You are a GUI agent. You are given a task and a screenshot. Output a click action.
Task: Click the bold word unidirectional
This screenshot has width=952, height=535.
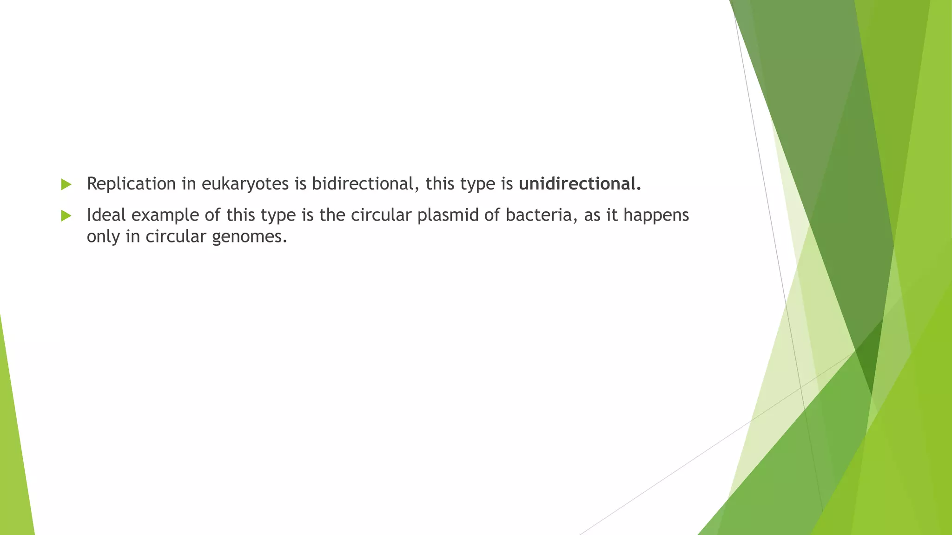coord(579,184)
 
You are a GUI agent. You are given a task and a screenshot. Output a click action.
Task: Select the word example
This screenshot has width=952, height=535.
coord(165,215)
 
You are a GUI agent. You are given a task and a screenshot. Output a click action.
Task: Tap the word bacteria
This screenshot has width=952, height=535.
coord(538,215)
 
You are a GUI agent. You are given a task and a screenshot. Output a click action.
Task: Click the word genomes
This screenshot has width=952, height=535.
coord(249,237)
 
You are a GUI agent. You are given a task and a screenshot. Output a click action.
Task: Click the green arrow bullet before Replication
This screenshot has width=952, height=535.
coord(66,184)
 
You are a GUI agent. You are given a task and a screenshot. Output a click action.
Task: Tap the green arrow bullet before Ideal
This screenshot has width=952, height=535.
coord(66,215)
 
